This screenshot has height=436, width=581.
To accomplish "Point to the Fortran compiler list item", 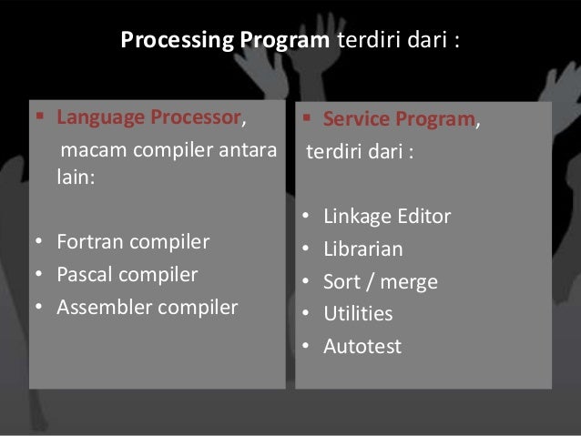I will (133, 243).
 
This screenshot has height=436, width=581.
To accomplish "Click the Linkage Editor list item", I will (387, 218).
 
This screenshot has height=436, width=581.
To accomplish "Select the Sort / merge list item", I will (381, 282).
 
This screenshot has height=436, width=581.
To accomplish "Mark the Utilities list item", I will (358, 314).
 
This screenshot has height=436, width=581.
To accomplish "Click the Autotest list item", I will (362, 347).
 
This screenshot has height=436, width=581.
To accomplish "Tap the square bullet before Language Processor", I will (38, 118).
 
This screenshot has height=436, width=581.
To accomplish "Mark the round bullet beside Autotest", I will (307, 347).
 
